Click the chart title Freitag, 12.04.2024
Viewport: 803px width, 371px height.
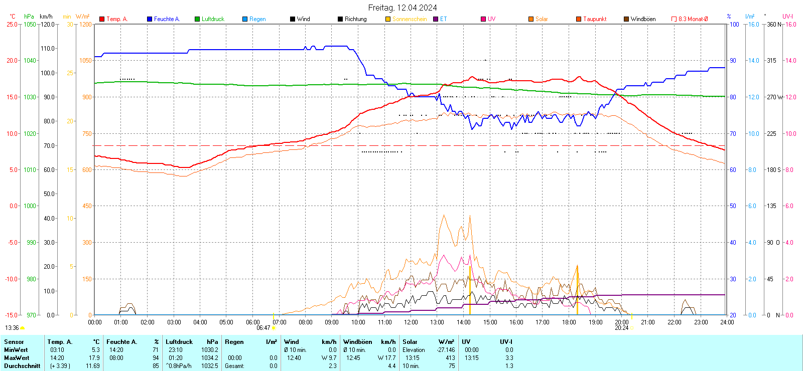click(402, 8)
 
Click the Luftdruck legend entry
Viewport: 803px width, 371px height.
click(213, 19)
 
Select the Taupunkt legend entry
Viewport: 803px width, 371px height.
click(594, 19)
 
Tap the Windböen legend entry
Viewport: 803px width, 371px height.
click(643, 19)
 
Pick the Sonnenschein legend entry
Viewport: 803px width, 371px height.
click(409, 19)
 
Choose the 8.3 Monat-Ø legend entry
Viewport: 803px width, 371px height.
click(693, 19)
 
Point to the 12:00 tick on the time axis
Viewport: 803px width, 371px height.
click(411, 322)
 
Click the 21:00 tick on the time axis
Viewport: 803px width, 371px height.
click(648, 322)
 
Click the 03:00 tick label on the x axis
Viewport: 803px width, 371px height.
click(174, 322)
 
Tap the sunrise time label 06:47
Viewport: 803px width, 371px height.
click(263, 328)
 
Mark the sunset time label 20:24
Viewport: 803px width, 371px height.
click(621, 328)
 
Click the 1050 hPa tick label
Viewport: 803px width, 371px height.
click(30, 24)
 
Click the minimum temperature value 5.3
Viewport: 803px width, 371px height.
click(95, 350)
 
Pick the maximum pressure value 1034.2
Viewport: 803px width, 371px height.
click(210, 358)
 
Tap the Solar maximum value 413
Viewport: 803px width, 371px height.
click(450, 358)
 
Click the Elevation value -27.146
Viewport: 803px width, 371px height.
click(446, 350)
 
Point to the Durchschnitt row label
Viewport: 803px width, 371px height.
click(22, 366)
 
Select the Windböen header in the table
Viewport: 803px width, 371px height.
click(358, 342)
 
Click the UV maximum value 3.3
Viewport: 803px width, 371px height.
click(509, 358)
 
